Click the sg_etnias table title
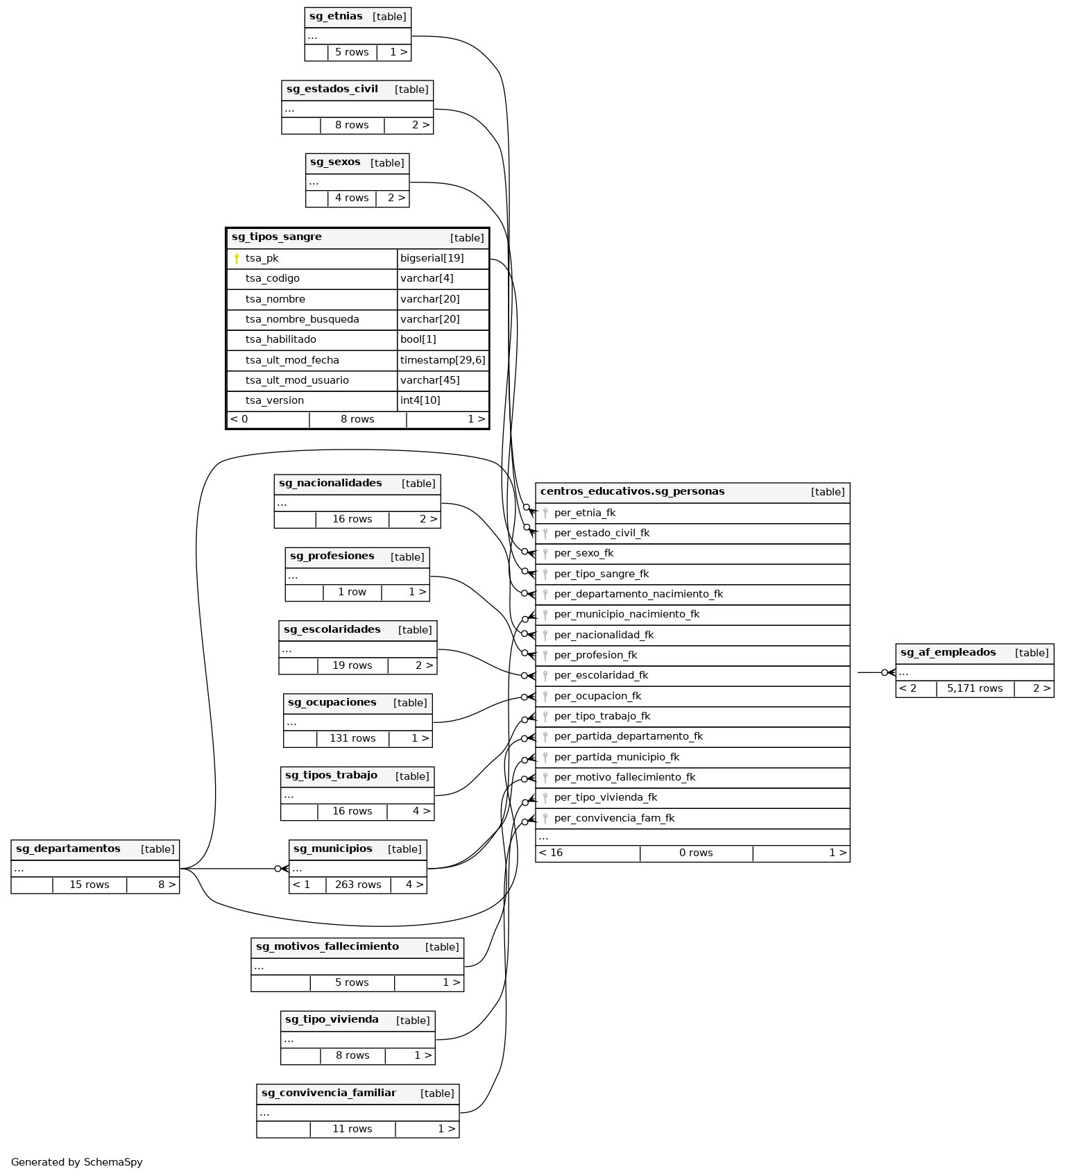coord(336,16)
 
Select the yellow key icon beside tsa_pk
coord(237,259)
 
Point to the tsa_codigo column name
coord(272,279)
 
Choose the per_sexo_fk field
coord(583,554)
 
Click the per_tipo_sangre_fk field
coord(601,574)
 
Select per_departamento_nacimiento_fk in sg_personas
coord(638,595)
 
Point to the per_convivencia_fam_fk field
coord(614,819)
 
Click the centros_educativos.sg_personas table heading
coord(632,492)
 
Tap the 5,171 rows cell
coord(974,689)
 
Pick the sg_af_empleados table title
coord(948,653)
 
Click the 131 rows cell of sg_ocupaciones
coord(352,739)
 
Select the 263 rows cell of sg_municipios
coord(358,885)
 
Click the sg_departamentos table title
coord(68,849)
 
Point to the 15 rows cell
coord(90,885)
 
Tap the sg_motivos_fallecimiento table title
coord(327,947)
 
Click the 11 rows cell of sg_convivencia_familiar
coord(352,1130)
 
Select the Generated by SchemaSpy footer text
coord(76,1162)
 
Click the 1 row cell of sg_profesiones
coord(352,593)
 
